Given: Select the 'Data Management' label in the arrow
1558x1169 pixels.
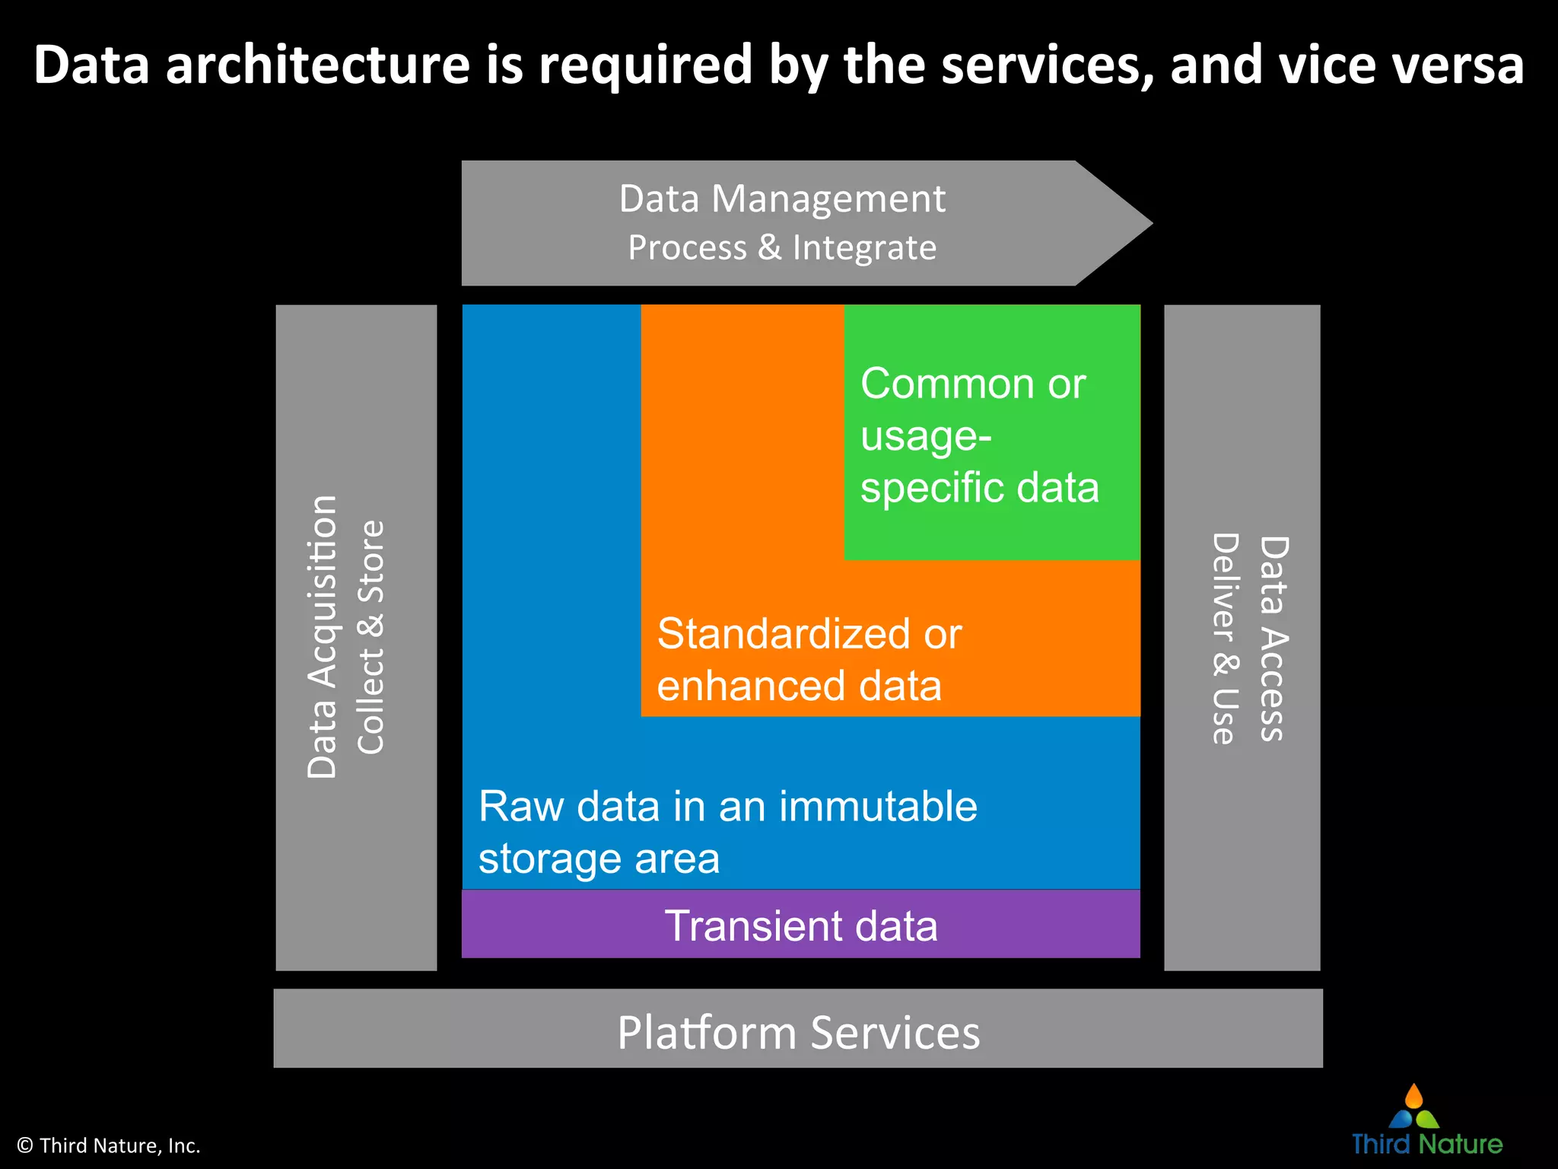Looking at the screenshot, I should click(782, 199).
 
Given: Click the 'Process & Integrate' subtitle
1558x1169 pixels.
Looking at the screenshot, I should click(782, 248).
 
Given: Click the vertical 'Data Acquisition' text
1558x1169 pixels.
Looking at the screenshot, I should click(323, 637).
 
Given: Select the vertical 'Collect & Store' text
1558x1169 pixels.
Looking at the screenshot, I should click(371, 637).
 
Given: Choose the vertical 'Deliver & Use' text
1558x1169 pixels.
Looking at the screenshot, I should click(1225, 639).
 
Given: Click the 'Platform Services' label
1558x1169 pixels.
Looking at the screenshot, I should click(798, 1033).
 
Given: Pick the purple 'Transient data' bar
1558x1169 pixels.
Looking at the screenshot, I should click(800, 925).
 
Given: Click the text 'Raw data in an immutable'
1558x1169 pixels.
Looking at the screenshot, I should click(727, 806).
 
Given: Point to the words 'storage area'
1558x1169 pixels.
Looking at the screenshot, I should click(599, 858).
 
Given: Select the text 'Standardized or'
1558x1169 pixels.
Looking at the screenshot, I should click(809, 634).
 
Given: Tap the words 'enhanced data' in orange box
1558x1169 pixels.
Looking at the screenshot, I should click(799, 686).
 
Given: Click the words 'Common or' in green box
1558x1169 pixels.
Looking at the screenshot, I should click(972, 384).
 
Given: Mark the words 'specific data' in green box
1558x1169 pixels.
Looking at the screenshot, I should click(979, 487).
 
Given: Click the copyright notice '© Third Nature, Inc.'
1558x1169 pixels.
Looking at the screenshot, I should click(109, 1145).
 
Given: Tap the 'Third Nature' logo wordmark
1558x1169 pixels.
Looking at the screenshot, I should click(1426, 1144).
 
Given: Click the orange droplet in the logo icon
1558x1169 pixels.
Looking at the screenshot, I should click(1413, 1097).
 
